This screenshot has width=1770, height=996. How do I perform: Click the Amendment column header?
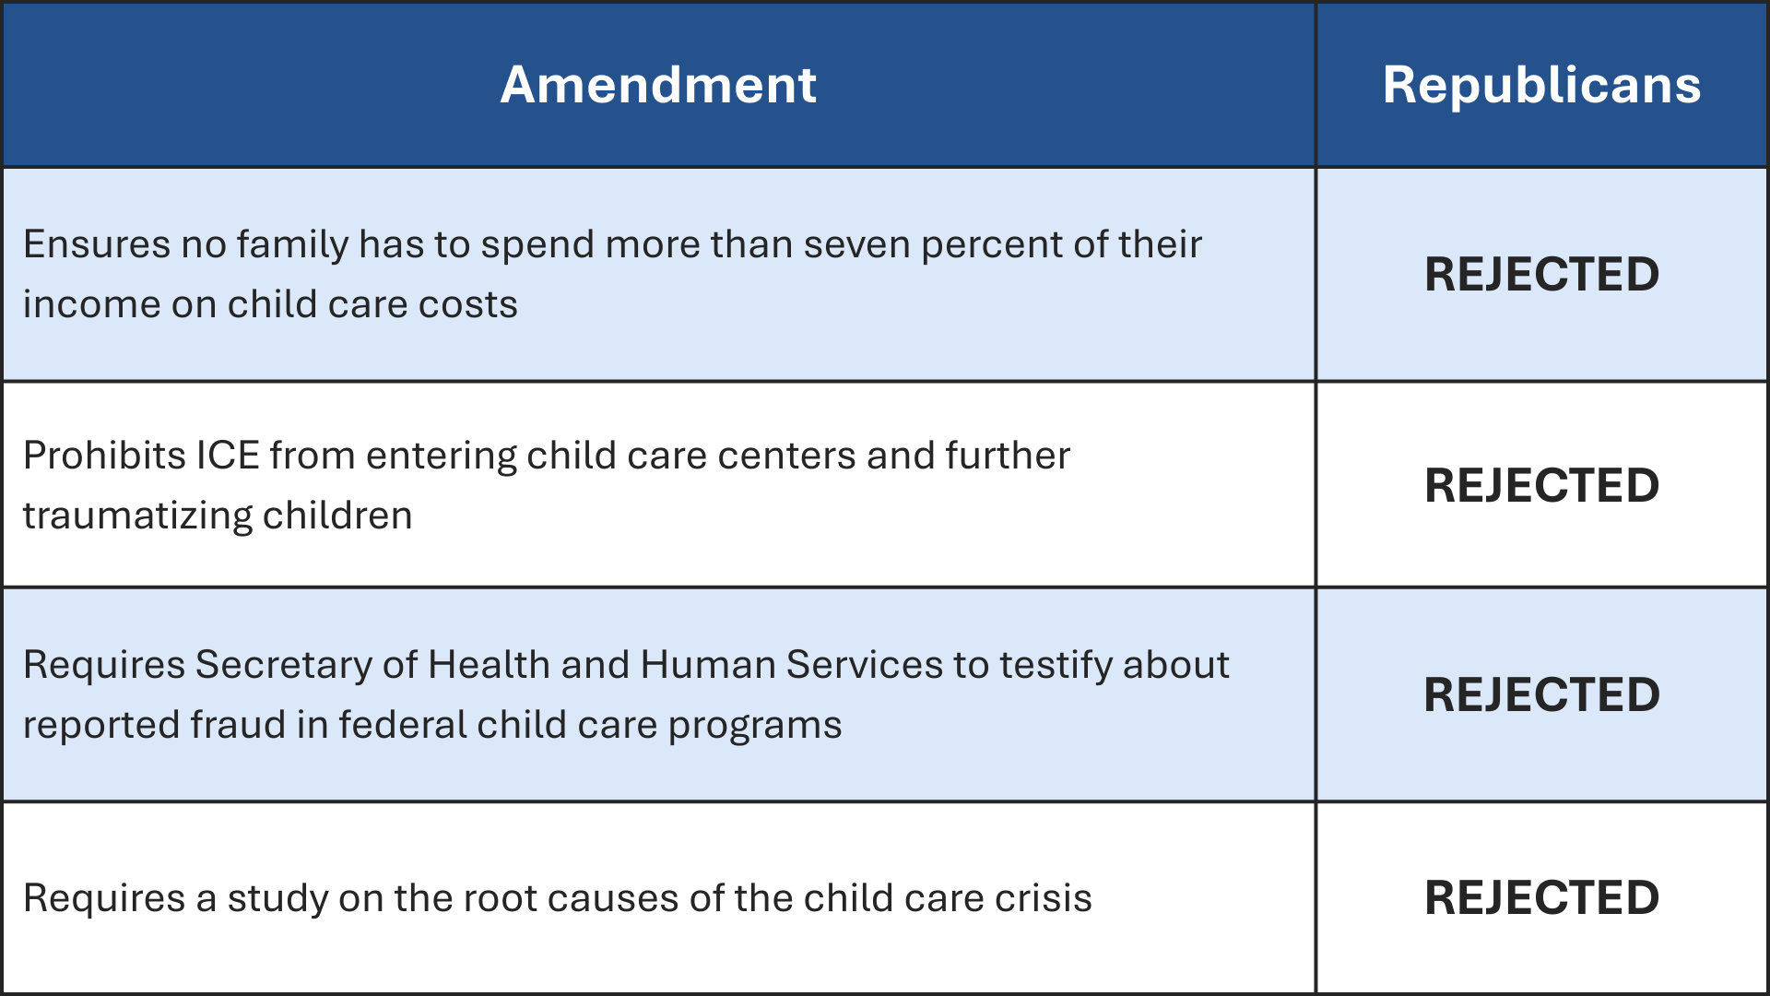click(x=658, y=85)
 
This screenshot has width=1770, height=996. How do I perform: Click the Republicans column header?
click(x=1541, y=85)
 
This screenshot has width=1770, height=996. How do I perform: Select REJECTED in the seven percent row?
click(x=1541, y=274)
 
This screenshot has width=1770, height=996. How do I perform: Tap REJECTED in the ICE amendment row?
click(x=1541, y=485)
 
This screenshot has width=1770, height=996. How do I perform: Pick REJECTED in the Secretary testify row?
click(x=1541, y=694)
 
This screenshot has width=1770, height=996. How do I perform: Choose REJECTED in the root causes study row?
click(x=1541, y=897)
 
